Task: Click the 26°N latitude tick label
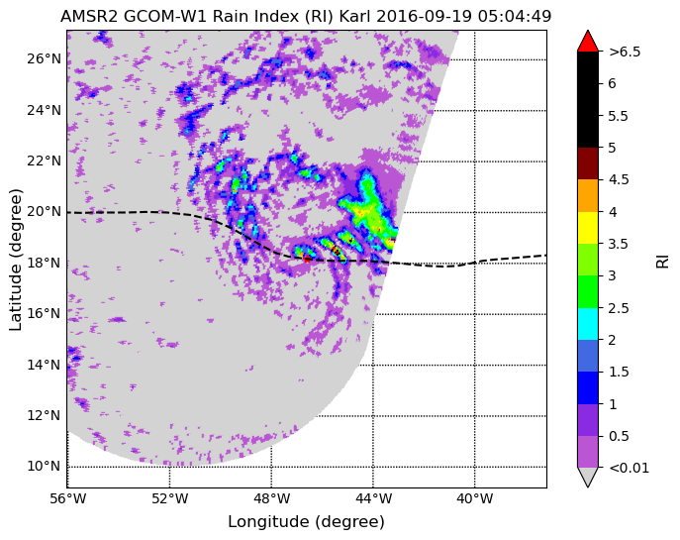(x=44, y=58)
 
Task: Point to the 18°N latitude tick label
(x=44, y=263)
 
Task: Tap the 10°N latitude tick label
(x=44, y=467)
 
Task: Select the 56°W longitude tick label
(x=67, y=498)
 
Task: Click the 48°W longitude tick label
(x=271, y=498)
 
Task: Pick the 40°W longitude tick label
(x=475, y=498)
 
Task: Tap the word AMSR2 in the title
(x=89, y=17)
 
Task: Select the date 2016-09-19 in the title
(x=425, y=17)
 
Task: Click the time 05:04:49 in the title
(x=515, y=17)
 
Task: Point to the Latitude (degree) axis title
(x=16, y=260)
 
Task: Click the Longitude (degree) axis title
(x=306, y=521)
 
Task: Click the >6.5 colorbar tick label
(x=625, y=52)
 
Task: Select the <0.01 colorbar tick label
(x=629, y=468)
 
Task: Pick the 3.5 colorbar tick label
(x=619, y=244)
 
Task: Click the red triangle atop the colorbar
(x=588, y=42)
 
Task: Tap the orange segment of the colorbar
(x=588, y=196)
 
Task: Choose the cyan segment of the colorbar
(x=588, y=324)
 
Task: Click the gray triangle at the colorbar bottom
(x=588, y=477)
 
